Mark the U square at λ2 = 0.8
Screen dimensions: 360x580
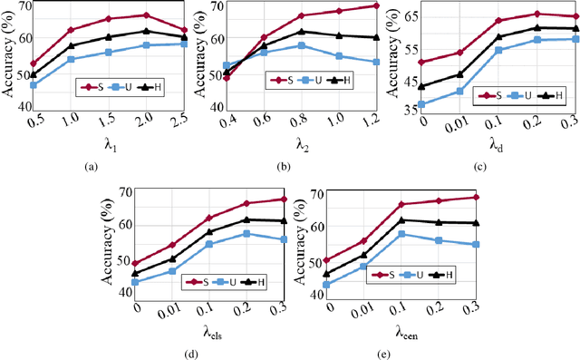pyautogui.click(x=301, y=44)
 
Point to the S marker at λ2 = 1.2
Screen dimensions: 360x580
pyautogui.click(x=376, y=5)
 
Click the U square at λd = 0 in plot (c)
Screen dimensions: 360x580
pyautogui.click(x=423, y=104)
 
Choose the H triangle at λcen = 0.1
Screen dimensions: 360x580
pyautogui.click(x=401, y=219)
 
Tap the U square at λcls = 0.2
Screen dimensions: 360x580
pyautogui.click(x=246, y=233)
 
